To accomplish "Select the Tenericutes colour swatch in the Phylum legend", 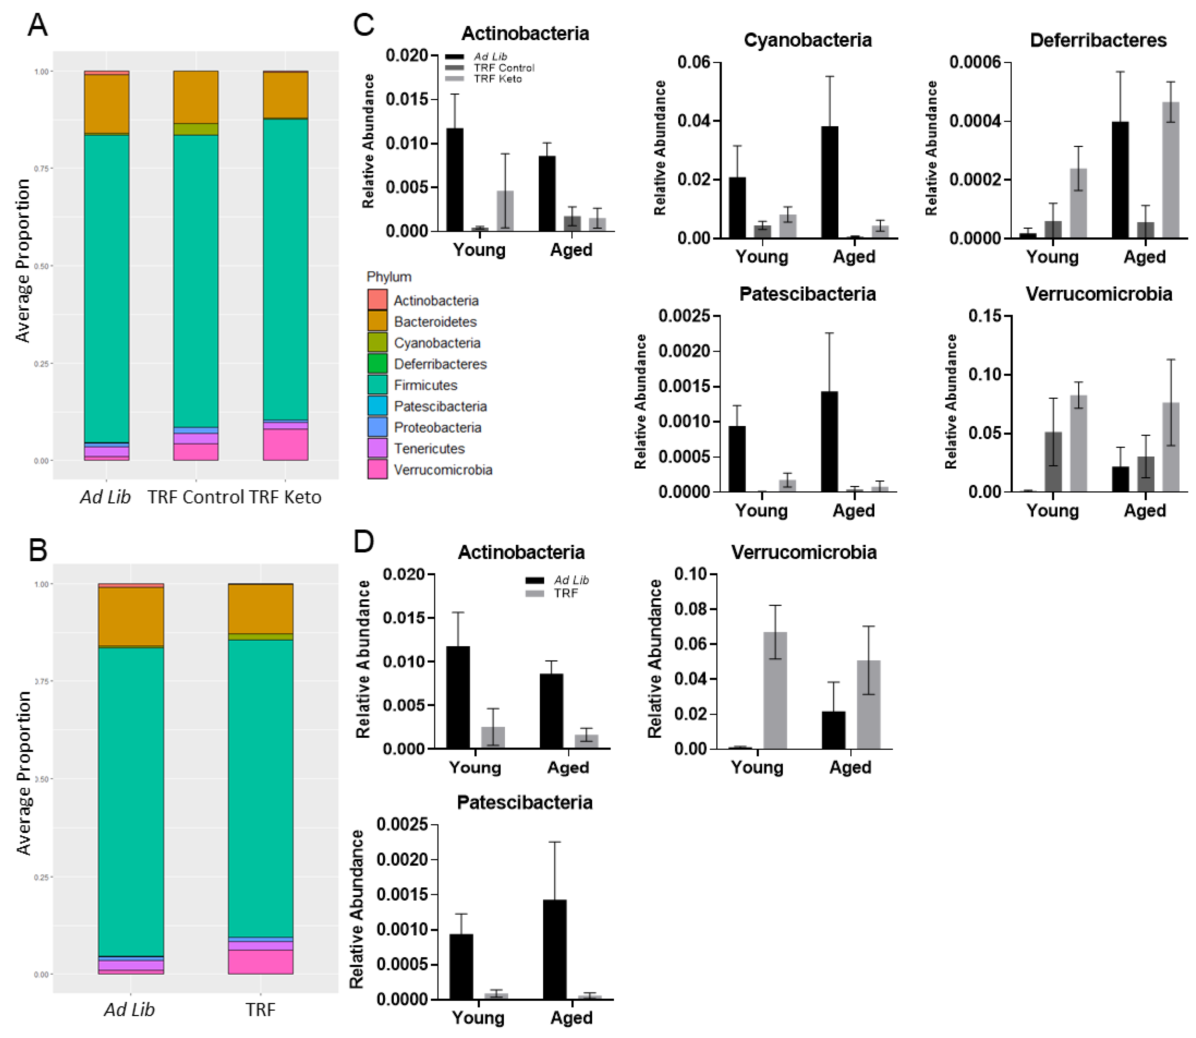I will [x=377, y=448].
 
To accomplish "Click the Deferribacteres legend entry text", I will [x=440, y=364].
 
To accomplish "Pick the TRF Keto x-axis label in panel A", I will [x=284, y=497].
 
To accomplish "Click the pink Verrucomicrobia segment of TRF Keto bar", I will [x=285, y=445].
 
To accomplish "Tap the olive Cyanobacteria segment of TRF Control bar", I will [x=196, y=129].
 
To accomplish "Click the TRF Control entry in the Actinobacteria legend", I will [x=504, y=68].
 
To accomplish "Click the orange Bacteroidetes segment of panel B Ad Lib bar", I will [x=131, y=616].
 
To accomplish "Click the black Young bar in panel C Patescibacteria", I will [x=737, y=459].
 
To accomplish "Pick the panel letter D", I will [x=363, y=541].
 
